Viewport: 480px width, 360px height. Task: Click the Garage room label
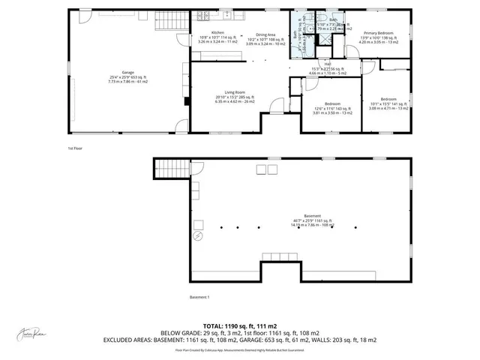pos(124,73)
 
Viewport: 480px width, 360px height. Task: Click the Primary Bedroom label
pos(380,34)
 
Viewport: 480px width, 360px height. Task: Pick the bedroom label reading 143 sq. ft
pos(332,103)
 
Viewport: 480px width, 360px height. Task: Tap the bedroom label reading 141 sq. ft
pos(388,99)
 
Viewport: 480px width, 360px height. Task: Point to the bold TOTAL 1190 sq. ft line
pos(238,325)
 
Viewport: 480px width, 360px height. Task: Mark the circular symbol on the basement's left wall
pos(198,235)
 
